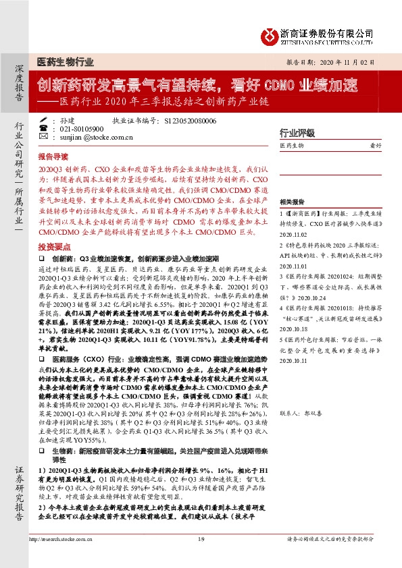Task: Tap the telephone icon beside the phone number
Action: coord(44,127)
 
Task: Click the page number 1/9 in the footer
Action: coord(201,539)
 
